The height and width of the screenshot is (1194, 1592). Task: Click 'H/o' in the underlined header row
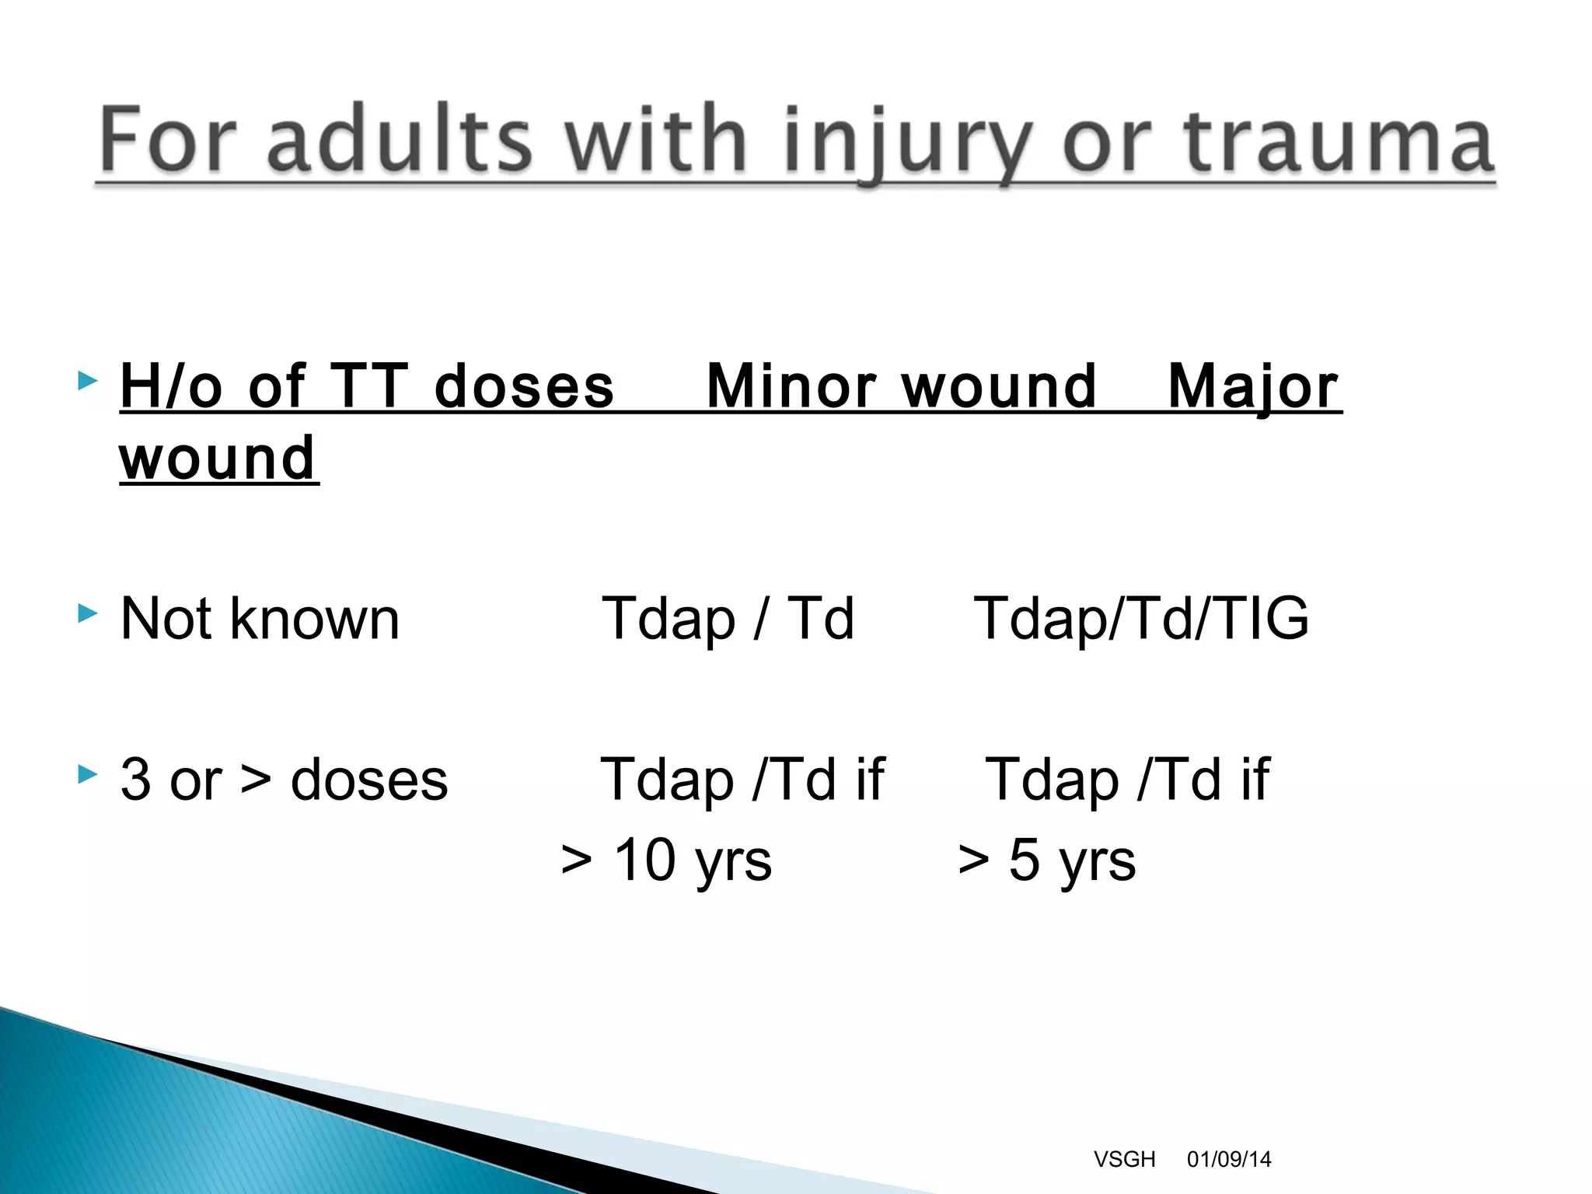click(x=171, y=386)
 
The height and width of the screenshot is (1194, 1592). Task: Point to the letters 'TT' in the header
click(x=368, y=386)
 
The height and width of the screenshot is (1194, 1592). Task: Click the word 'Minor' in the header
click(x=791, y=386)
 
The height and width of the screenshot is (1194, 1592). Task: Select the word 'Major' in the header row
click(x=1253, y=386)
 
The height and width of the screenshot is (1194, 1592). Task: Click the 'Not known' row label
click(x=260, y=619)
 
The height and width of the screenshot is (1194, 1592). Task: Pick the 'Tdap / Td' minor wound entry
click(x=728, y=619)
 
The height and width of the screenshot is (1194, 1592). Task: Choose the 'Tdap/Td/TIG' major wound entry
click(x=1141, y=619)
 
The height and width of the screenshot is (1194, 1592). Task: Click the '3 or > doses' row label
click(x=284, y=780)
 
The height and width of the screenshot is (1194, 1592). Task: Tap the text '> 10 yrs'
click(x=666, y=861)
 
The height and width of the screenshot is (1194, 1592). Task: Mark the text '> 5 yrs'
click(x=1046, y=861)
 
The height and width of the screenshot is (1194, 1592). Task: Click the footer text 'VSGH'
click(x=1124, y=1159)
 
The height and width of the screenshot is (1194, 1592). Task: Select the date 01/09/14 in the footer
click(x=1229, y=1159)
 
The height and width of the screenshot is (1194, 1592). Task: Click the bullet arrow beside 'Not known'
click(x=88, y=614)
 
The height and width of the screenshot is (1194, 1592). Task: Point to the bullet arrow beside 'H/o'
click(x=88, y=381)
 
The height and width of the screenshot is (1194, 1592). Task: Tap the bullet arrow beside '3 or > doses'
click(x=88, y=774)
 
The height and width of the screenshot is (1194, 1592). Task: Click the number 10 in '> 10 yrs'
click(x=644, y=861)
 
